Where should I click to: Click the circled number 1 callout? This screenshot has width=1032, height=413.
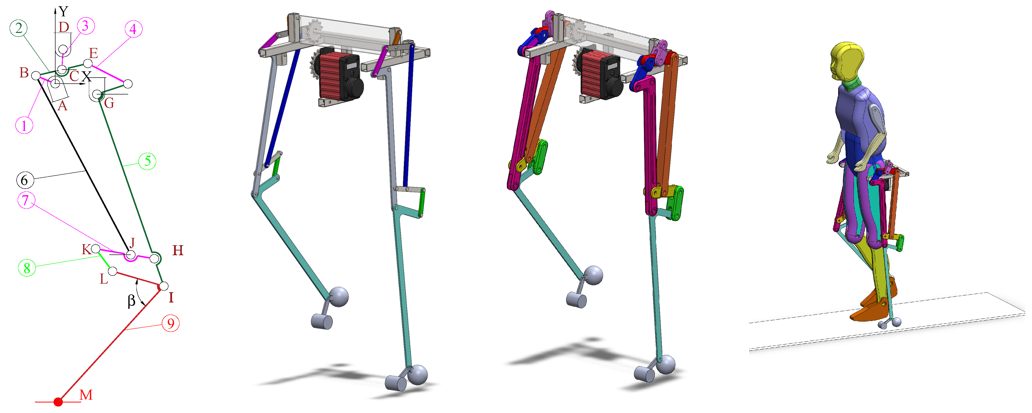tap(24, 125)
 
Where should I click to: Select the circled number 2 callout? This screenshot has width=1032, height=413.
tap(18, 28)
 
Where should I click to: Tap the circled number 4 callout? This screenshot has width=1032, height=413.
tap(133, 29)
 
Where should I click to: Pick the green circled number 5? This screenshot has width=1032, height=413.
tap(147, 161)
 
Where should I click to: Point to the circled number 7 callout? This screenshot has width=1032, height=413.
tap(26, 200)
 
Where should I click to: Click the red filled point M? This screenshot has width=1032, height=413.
tap(59, 401)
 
